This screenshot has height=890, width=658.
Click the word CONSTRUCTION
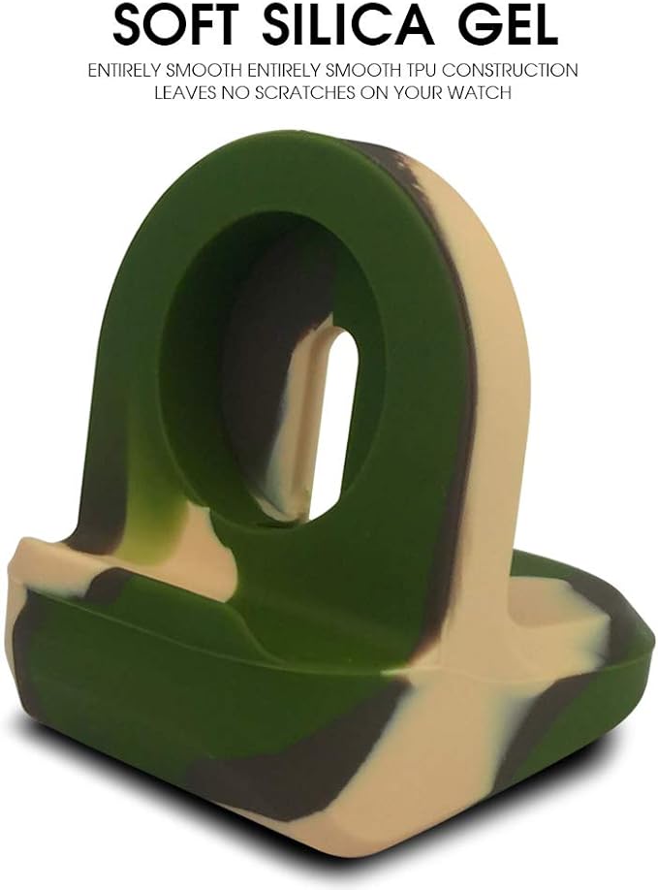click(511, 71)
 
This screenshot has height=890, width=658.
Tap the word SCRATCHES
click(300, 92)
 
